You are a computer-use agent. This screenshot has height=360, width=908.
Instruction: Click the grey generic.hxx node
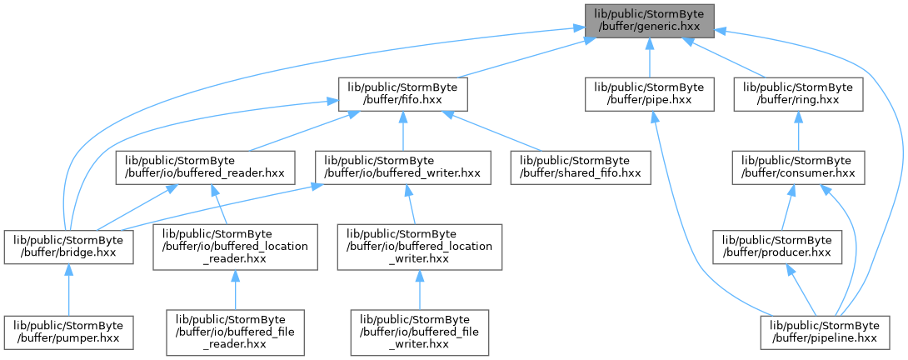(649, 21)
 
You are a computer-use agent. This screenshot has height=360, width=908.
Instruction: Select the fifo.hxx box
(403, 94)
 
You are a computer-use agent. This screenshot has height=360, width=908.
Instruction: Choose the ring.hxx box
(798, 94)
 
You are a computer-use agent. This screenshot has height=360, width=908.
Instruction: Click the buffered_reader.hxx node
(205, 167)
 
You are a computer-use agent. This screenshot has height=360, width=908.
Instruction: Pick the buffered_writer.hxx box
(403, 167)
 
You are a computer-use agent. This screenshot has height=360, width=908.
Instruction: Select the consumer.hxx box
(799, 167)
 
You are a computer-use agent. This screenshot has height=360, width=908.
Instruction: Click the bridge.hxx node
(69, 247)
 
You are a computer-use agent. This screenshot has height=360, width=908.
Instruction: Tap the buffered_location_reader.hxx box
(235, 247)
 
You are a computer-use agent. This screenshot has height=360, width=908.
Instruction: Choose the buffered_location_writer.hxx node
(419, 247)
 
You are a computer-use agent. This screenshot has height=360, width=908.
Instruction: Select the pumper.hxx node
(69, 332)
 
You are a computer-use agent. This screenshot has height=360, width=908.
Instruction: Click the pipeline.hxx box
(826, 332)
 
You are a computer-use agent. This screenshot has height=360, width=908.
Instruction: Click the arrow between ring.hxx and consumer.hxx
(798, 131)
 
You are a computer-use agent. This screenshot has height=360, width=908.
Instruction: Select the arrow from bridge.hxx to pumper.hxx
(69, 289)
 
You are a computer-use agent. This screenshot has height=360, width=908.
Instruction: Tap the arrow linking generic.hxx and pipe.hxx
(649, 57)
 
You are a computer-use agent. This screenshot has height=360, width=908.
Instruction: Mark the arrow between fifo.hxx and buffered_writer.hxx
(403, 131)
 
